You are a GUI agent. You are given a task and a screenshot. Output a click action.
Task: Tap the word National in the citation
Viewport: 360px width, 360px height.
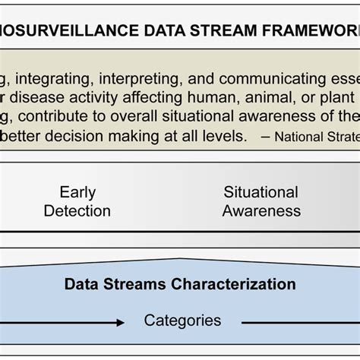point(302,137)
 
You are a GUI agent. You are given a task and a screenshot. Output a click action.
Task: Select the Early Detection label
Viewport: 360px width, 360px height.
point(77,201)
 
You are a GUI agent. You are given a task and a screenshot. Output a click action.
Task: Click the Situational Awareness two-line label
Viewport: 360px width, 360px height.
point(261,201)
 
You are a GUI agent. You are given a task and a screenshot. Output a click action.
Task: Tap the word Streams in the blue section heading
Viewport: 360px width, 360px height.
point(134,285)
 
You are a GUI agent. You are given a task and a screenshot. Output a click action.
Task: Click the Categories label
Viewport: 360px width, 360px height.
point(182,321)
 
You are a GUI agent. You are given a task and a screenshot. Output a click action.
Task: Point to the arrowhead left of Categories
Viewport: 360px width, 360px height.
point(120,323)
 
